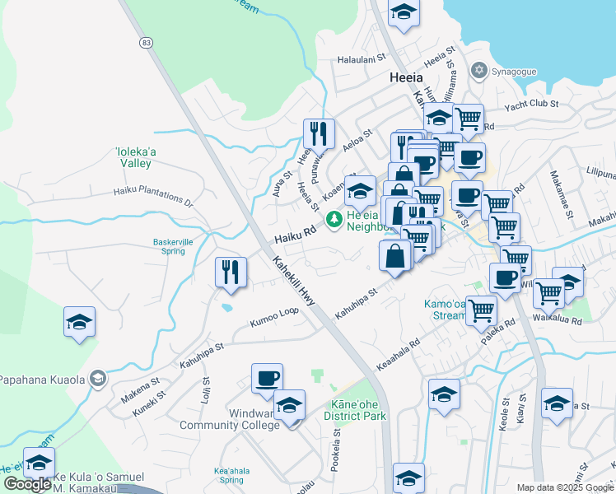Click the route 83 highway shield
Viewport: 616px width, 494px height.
(x=146, y=42)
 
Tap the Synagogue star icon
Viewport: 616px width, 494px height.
(x=478, y=71)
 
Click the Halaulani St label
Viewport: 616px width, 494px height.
(x=362, y=59)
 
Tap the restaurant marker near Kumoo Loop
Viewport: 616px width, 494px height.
(x=230, y=272)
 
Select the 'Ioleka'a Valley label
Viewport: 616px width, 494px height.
(x=132, y=157)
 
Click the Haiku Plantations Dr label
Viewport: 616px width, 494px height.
(x=152, y=197)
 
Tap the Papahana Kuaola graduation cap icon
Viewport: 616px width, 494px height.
(x=98, y=379)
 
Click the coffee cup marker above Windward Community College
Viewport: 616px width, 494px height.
(x=267, y=378)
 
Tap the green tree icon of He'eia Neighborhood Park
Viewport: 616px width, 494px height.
(x=334, y=219)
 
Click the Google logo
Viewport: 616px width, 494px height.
(x=27, y=484)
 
